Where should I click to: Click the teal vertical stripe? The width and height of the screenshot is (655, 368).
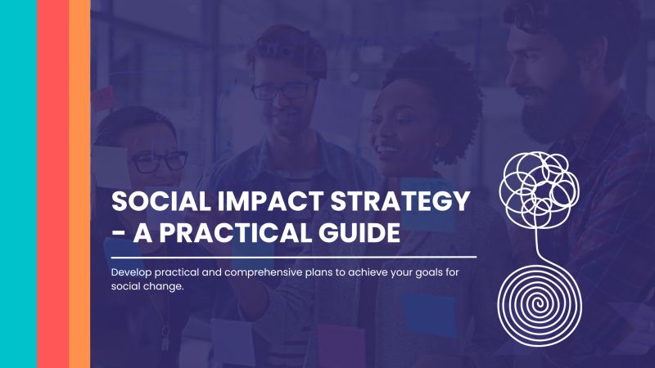tap(18, 184)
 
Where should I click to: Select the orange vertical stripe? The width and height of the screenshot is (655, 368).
tap(79, 184)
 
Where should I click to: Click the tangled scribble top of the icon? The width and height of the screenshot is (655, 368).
tap(536, 184)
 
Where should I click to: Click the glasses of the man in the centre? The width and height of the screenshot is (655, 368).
tap(280, 90)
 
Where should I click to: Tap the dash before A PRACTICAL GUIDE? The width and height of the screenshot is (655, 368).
tap(120, 236)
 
